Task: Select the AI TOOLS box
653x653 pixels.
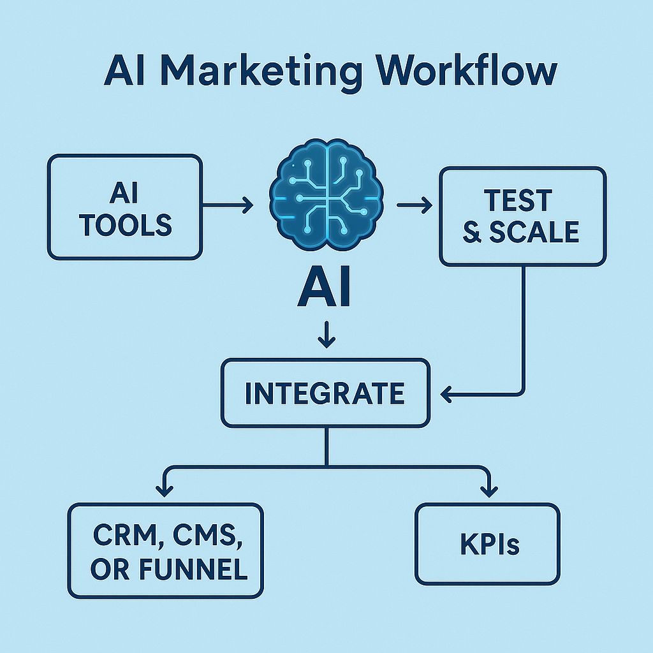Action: (125, 207)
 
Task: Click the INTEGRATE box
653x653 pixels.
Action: (325, 393)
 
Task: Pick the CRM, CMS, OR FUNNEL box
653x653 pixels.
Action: (165, 551)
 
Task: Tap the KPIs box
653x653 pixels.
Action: (487, 545)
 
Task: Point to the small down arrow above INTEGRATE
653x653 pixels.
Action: (326, 334)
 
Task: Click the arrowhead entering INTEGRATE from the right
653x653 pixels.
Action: (448, 395)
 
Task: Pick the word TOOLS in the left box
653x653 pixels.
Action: (126, 224)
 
